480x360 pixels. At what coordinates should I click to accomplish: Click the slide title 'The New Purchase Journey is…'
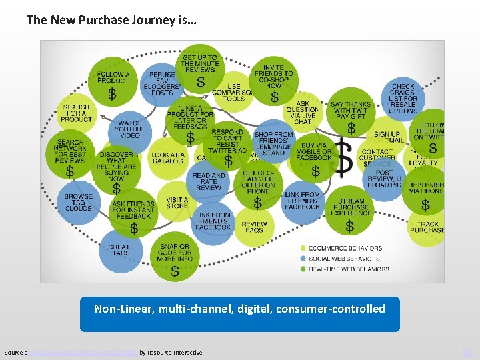tap(111, 20)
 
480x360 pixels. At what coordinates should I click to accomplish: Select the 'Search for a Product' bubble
tap(77, 113)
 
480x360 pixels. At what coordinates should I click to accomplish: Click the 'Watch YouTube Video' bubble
tap(130, 130)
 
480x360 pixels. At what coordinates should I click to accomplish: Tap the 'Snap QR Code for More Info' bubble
tap(175, 256)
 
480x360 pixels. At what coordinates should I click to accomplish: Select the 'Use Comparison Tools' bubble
tap(233, 93)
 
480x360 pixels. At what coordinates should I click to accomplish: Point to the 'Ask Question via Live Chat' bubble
tap(303, 112)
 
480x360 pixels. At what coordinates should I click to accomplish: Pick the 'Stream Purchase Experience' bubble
tap(351, 211)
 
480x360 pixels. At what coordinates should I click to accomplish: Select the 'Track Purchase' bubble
tap(427, 227)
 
